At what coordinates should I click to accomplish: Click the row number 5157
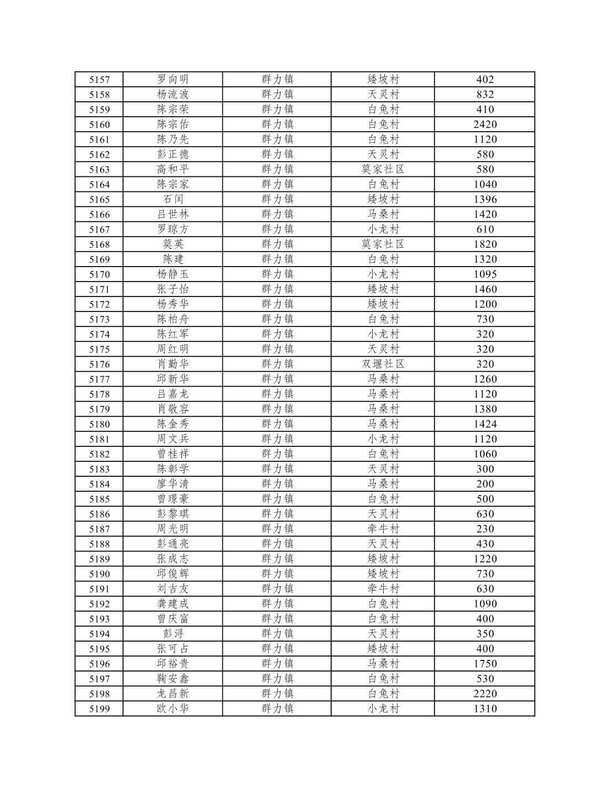(99, 80)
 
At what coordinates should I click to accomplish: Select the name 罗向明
(173, 80)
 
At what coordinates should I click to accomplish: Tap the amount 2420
(485, 124)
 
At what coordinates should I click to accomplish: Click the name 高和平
(173, 169)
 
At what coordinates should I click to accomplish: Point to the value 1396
(485, 199)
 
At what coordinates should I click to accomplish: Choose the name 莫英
(173, 244)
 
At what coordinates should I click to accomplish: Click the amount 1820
(485, 244)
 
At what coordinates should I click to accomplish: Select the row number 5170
(99, 274)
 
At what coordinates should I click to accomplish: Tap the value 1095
(485, 274)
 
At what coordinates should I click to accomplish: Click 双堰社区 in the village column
(383, 364)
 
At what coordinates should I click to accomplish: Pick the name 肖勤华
(173, 364)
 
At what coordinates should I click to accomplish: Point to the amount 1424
(485, 424)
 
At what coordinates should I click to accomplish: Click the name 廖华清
(173, 483)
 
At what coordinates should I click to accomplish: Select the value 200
(485, 483)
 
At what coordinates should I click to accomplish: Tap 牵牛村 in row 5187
(383, 529)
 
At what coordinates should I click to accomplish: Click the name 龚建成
(173, 603)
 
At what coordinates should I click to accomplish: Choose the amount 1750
(485, 663)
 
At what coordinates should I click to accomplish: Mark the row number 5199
(99, 709)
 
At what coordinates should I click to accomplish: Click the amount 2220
(485, 694)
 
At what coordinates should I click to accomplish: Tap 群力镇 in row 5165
(277, 199)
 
